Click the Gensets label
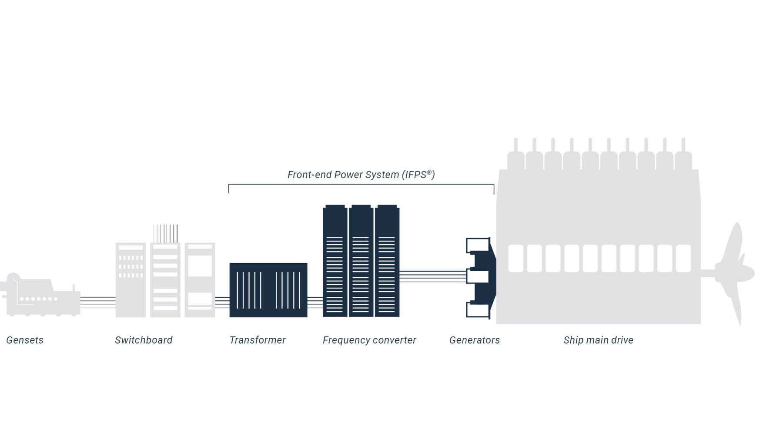point(25,340)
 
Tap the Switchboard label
point(144,340)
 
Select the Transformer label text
point(258,340)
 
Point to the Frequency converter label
point(369,340)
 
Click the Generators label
point(475,340)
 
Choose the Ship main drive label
point(598,340)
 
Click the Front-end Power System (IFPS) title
point(361,175)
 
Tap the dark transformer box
point(268,290)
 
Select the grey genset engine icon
point(41,296)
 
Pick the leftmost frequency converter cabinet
point(335,261)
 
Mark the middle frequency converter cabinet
point(361,261)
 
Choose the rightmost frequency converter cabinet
point(387,261)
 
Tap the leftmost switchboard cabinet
point(130,280)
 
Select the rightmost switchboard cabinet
point(200,280)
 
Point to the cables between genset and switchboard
point(98,302)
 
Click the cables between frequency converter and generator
point(432,276)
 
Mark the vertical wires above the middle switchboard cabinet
point(165,233)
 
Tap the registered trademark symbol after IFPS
point(429,172)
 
